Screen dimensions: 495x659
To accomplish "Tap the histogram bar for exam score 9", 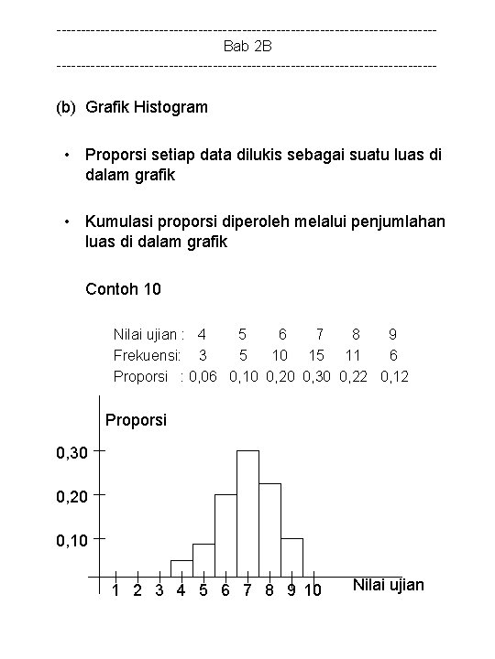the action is pyautogui.click(x=291, y=557).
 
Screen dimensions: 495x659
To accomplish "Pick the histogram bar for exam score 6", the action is pyautogui.click(x=225, y=536).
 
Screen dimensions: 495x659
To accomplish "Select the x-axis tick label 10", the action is pyautogui.click(x=312, y=590).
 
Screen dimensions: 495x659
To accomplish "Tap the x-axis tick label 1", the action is pyautogui.click(x=115, y=590).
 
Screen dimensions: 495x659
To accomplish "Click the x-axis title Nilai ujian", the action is pyautogui.click(x=388, y=585).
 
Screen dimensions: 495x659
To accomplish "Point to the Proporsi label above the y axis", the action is pyautogui.click(x=137, y=421).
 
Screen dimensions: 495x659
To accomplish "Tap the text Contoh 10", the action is pyautogui.click(x=123, y=290).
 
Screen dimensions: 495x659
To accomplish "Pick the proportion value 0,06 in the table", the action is pyautogui.click(x=203, y=375).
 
